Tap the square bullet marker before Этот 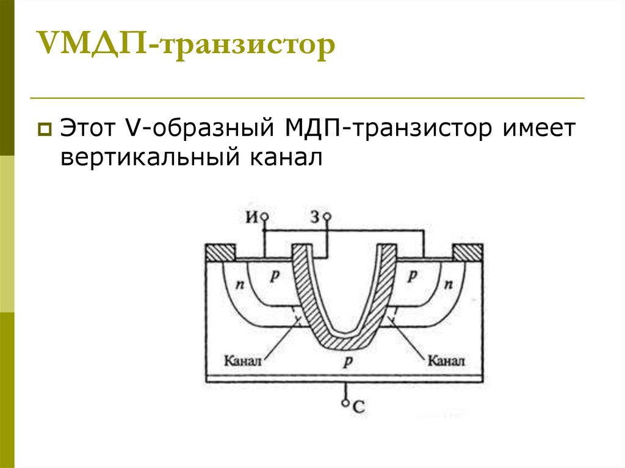[x=45, y=129]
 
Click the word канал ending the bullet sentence [x=284, y=158]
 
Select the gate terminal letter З [x=316, y=216]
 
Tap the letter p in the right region [x=413, y=275]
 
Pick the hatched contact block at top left [x=220, y=252]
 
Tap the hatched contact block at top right [x=468, y=252]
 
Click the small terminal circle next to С [x=346, y=403]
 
